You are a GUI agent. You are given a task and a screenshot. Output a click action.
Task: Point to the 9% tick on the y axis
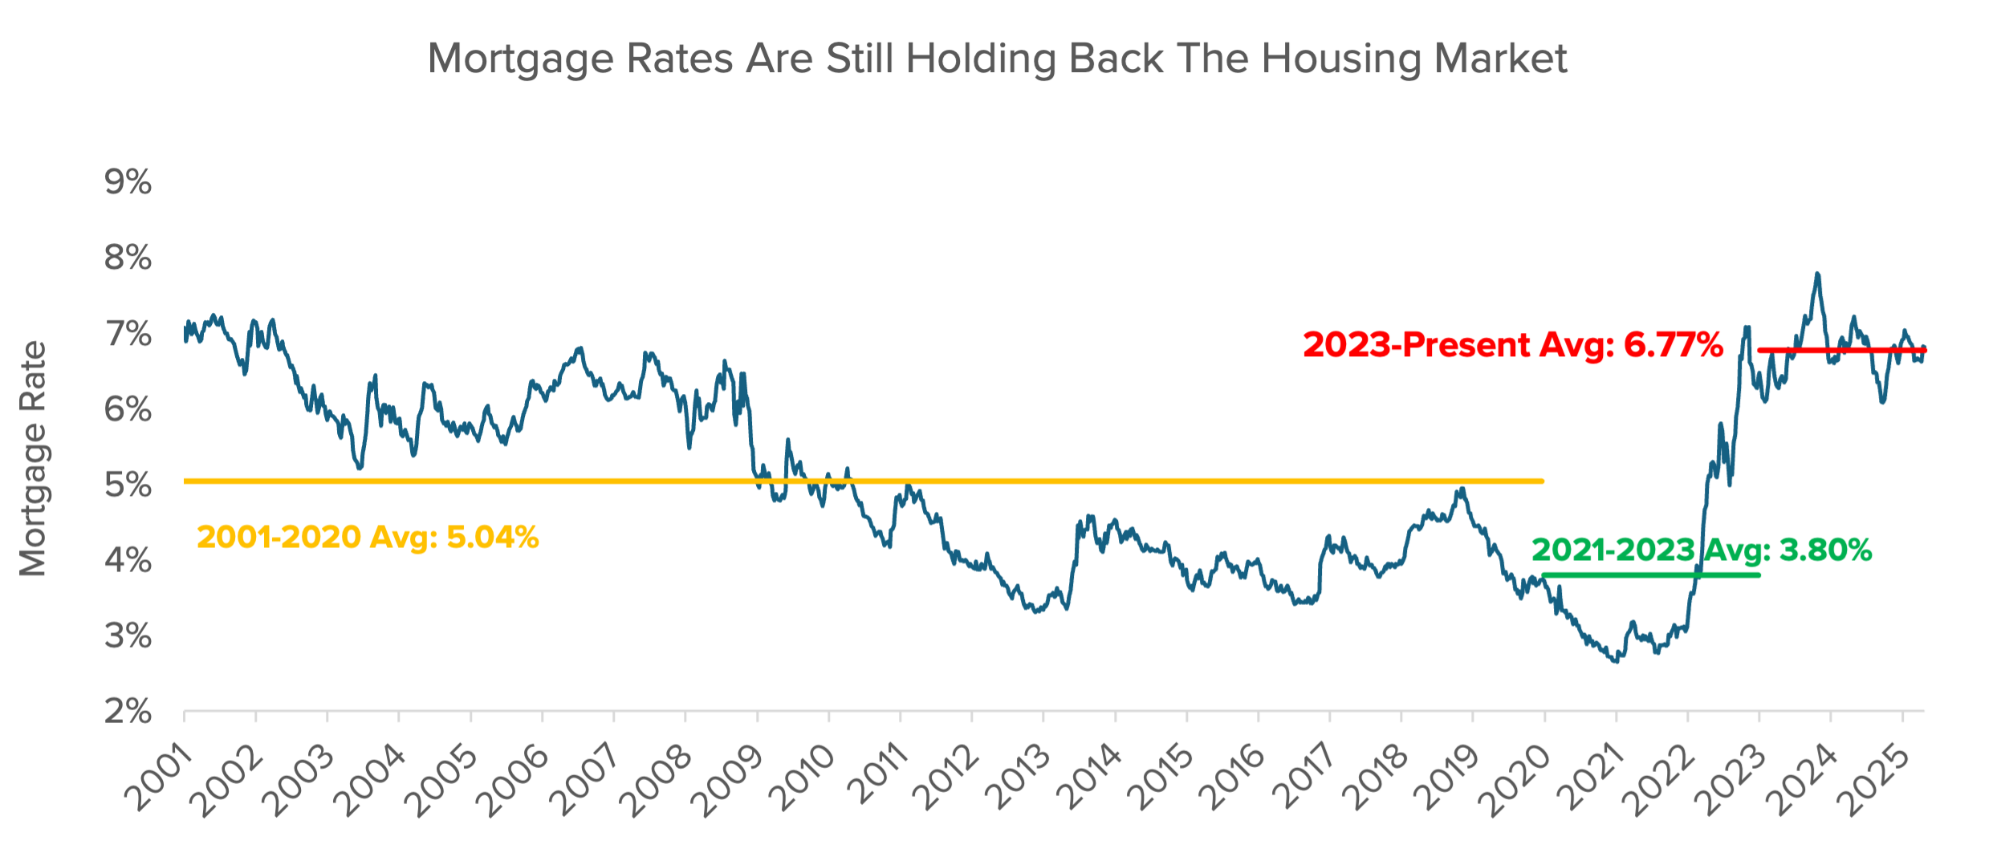(128, 183)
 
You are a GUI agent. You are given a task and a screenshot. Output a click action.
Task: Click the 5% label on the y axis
(128, 485)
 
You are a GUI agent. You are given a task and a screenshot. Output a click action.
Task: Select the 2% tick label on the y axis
(128, 712)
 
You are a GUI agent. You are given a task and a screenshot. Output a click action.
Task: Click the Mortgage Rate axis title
(34, 459)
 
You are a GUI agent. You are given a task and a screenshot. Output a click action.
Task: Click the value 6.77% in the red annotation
(1674, 345)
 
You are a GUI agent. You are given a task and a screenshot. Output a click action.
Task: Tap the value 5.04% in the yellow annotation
(492, 537)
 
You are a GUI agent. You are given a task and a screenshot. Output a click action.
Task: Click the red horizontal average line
(1846, 350)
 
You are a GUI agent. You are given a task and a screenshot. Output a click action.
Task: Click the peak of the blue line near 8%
(1817, 275)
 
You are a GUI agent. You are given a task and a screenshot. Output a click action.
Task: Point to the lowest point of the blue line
(1616, 661)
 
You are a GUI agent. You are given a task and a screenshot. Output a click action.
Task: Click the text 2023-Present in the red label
(1417, 345)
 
